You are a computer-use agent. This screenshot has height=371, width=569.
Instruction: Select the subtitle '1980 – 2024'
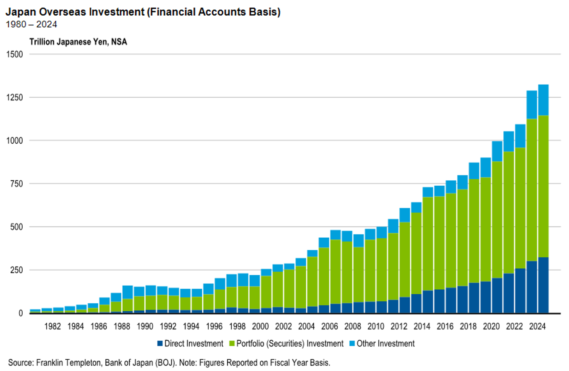(31, 24)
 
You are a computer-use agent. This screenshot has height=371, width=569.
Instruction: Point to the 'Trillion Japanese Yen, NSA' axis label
(78, 42)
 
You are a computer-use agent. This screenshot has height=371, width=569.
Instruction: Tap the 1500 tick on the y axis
(14, 54)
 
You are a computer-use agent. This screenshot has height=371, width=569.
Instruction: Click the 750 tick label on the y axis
(17, 184)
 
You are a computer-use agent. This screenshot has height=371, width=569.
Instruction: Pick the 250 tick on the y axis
(17, 270)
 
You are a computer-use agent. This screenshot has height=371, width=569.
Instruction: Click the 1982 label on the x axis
(52, 326)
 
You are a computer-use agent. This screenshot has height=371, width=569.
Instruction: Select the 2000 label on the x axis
(260, 326)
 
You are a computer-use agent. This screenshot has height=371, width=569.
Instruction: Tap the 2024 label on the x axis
(537, 326)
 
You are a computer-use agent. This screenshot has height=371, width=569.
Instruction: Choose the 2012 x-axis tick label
(399, 326)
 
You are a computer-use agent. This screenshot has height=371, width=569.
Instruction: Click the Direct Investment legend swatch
(160, 343)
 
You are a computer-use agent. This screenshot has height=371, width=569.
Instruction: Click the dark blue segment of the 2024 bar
(543, 285)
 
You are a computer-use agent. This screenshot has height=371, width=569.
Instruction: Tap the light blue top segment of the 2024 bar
(543, 100)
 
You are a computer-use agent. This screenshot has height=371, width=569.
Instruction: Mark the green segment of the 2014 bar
(428, 243)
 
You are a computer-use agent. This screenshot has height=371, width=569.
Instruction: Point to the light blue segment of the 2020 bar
(497, 151)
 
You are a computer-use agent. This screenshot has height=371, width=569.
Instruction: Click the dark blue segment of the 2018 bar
(474, 298)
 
